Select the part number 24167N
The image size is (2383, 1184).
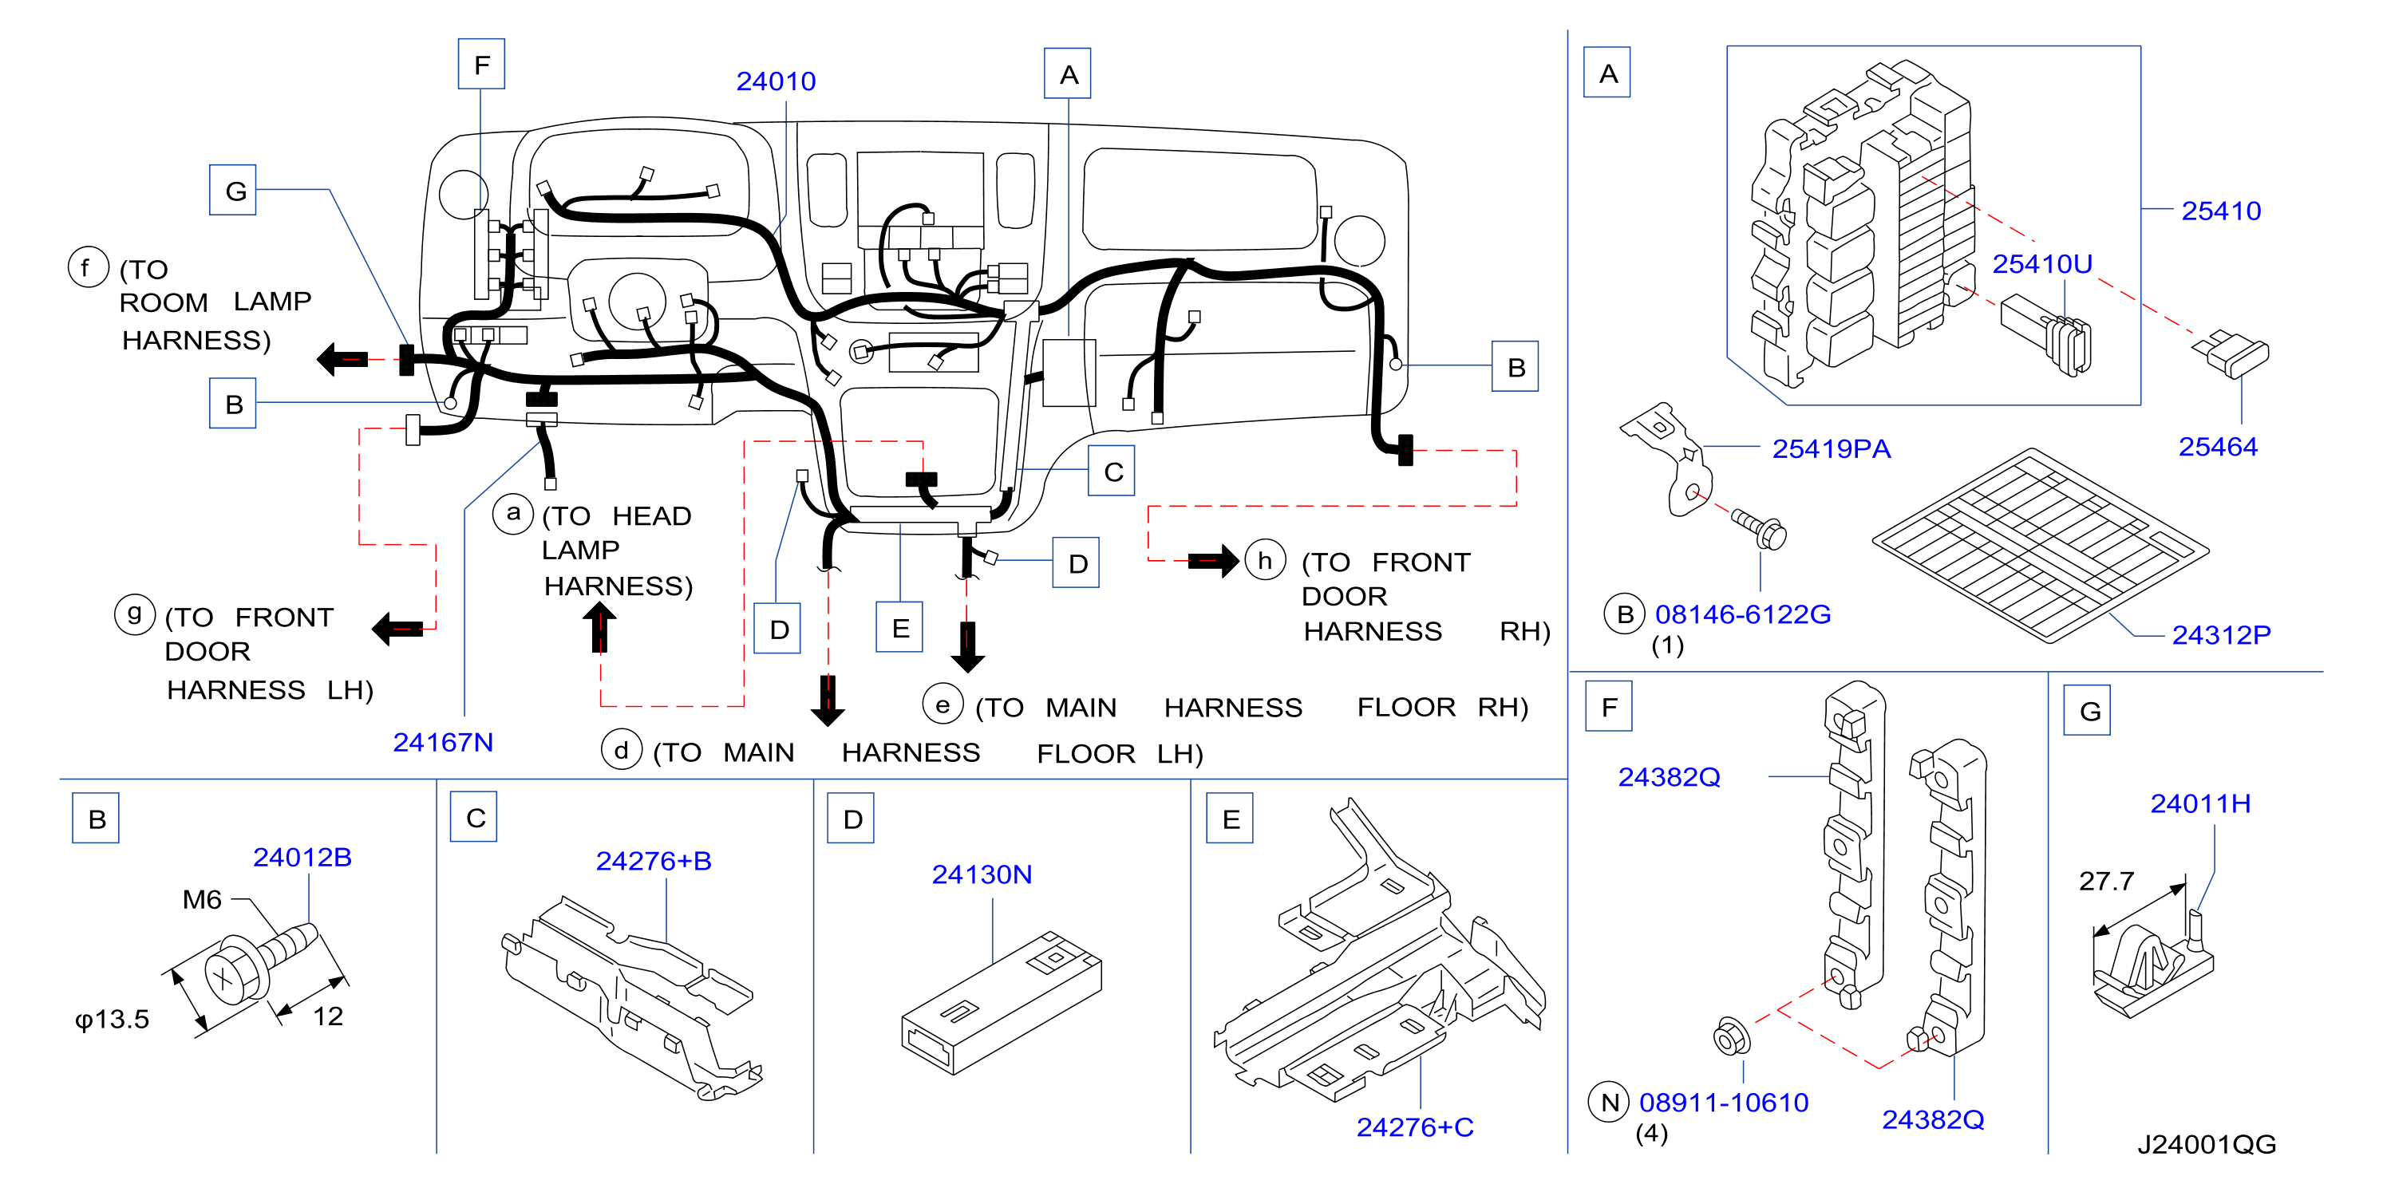coord(442,742)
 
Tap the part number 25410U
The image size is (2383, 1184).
coord(2041,265)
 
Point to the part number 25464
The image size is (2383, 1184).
coord(2218,447)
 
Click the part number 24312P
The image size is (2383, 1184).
coord(2221,634)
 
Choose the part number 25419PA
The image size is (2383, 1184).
coord(1831,448)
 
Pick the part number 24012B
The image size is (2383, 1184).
coord(302,858)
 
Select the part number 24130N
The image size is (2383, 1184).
coord(982,874)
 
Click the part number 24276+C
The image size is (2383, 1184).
coord(1414,1127)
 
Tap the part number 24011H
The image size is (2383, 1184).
coord(2199,803)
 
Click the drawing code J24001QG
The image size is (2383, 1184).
coord(2207,1144)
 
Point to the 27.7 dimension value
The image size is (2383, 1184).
coord(2105,881)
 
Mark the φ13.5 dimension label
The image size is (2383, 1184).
coord(112,1020)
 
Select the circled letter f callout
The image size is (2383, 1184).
coord(88,267)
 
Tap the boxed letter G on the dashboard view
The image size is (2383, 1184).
coord(233,191)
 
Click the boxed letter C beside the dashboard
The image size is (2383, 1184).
coord(1112,472)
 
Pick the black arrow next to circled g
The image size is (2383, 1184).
coord(397,629)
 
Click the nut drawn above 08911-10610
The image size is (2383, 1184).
coord(1731,1037)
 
